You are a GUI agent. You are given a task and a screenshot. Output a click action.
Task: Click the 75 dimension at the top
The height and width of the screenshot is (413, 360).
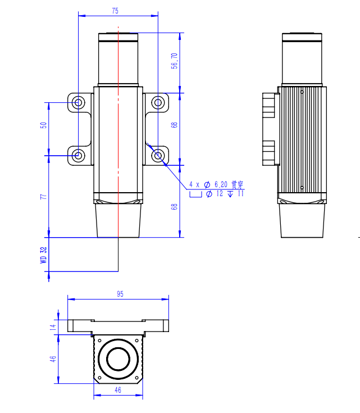point(115,11)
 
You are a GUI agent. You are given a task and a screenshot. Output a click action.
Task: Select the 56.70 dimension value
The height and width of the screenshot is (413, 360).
point(175,61)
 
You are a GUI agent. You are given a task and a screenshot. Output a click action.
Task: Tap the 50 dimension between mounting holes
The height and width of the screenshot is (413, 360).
point(43,125)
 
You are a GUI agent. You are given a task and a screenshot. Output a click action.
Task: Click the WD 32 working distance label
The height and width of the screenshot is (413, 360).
point(43,256)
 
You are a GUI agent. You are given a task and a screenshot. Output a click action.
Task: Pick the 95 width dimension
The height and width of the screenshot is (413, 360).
point(120,294)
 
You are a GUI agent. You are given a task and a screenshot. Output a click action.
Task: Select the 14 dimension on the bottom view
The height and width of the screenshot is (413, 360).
point(53,326)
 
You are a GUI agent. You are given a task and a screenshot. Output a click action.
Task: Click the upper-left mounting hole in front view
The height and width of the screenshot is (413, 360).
point(79,102)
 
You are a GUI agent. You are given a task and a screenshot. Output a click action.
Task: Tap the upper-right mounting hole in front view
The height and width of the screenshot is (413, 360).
point(158,102)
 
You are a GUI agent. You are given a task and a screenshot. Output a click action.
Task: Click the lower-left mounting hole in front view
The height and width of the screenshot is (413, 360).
point(79,155)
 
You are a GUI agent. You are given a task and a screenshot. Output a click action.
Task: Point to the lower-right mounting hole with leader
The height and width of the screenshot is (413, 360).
point(158,155)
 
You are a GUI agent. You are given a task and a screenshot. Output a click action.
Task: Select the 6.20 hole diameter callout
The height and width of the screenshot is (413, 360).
point(221,184)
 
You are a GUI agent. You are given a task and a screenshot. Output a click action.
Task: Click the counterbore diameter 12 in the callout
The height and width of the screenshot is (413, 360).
point(219,194)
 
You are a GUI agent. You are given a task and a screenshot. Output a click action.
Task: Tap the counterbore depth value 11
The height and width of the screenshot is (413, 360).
point(241,194)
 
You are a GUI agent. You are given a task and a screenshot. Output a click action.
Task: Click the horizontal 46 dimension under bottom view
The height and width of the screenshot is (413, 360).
point(118,389)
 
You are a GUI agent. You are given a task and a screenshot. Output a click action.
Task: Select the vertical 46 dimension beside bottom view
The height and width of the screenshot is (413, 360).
point(53,358)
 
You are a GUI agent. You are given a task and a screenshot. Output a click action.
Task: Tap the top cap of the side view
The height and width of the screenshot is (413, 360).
point(302,38)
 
